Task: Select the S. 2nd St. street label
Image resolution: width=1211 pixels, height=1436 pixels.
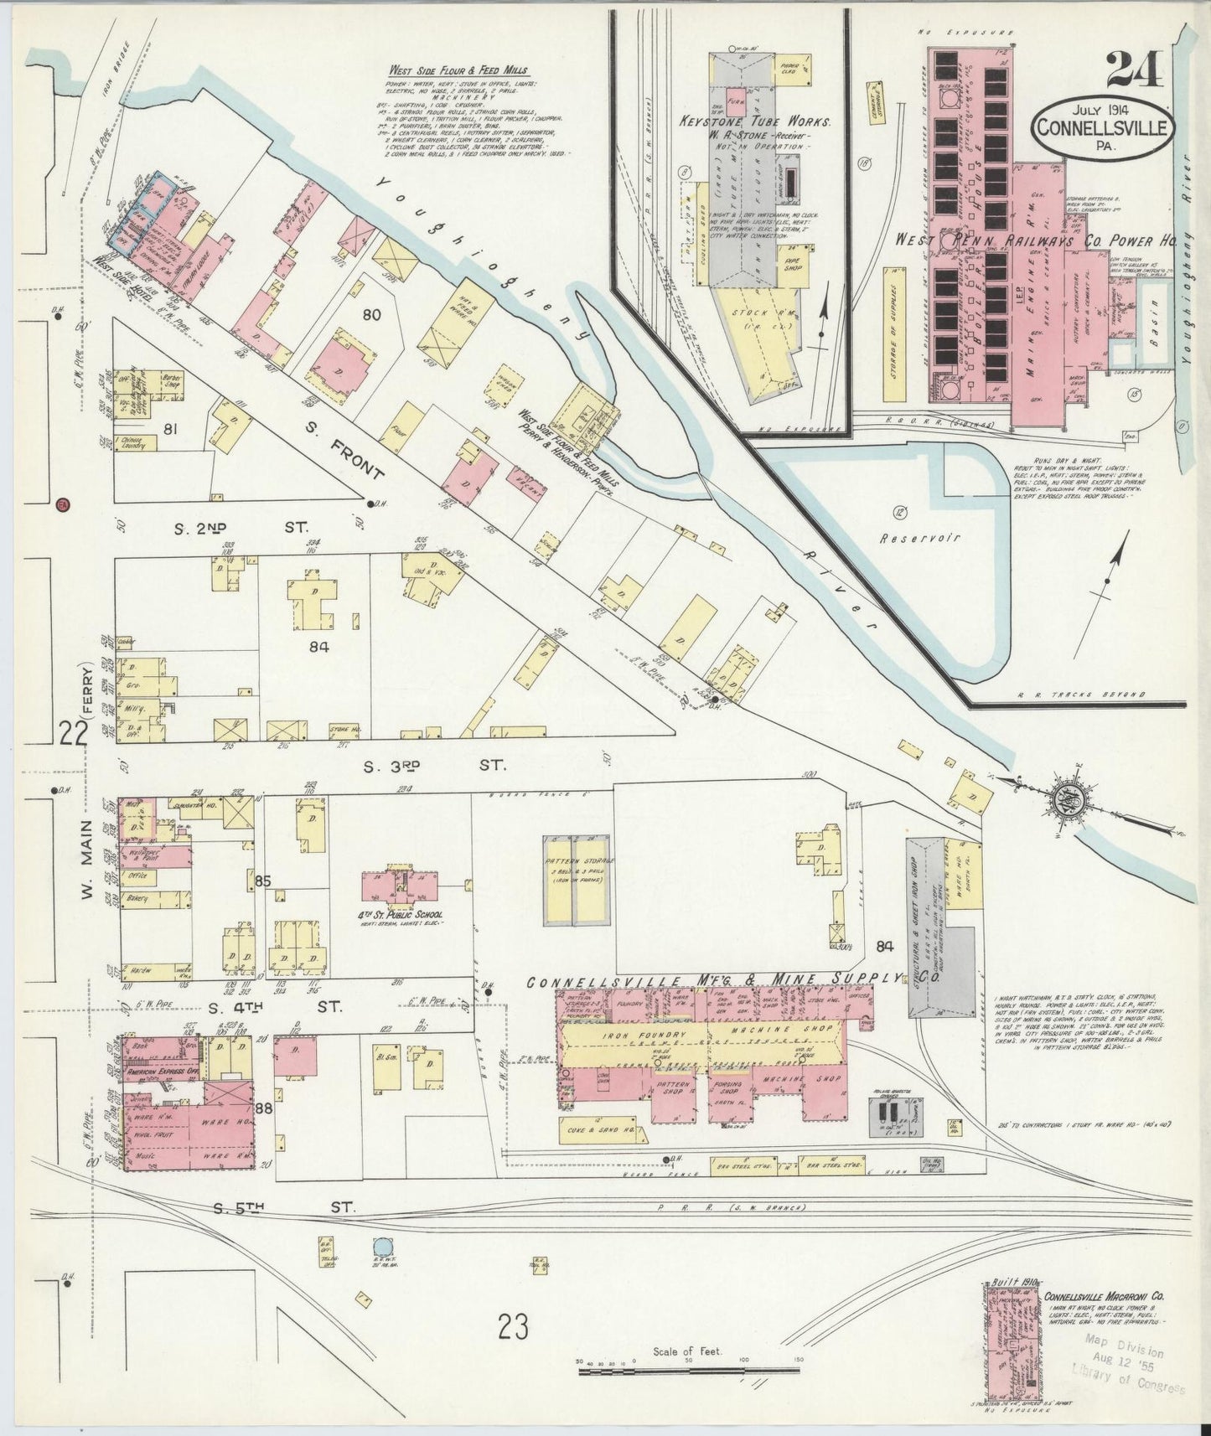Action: point(241,529)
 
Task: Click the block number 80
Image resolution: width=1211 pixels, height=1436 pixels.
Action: point(372,316)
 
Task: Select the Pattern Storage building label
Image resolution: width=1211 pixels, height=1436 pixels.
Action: point(580,862)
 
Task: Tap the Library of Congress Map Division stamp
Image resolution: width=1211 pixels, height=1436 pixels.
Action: point(1130,1364)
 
